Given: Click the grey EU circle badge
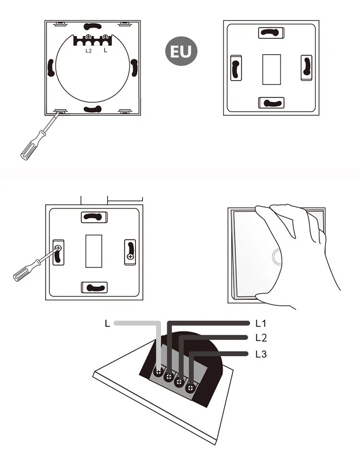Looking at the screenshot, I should click(181, 51).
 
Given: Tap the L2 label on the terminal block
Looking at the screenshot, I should click(88, 50).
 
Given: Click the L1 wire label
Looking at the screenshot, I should click(261, 323).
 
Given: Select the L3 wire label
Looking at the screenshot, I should click(261, 355).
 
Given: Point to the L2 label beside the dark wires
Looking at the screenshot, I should click(261, 338).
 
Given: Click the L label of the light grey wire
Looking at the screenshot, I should click(107, 324).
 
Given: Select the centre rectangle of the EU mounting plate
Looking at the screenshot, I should click(271, 70).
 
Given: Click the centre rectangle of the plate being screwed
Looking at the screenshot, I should click(93, 251).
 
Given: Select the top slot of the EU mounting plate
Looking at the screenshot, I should click(271, 33).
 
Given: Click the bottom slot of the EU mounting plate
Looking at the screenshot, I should click(271, 102).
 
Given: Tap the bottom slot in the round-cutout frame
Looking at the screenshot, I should click(93, 109).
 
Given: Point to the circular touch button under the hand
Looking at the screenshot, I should click(276, 258).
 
